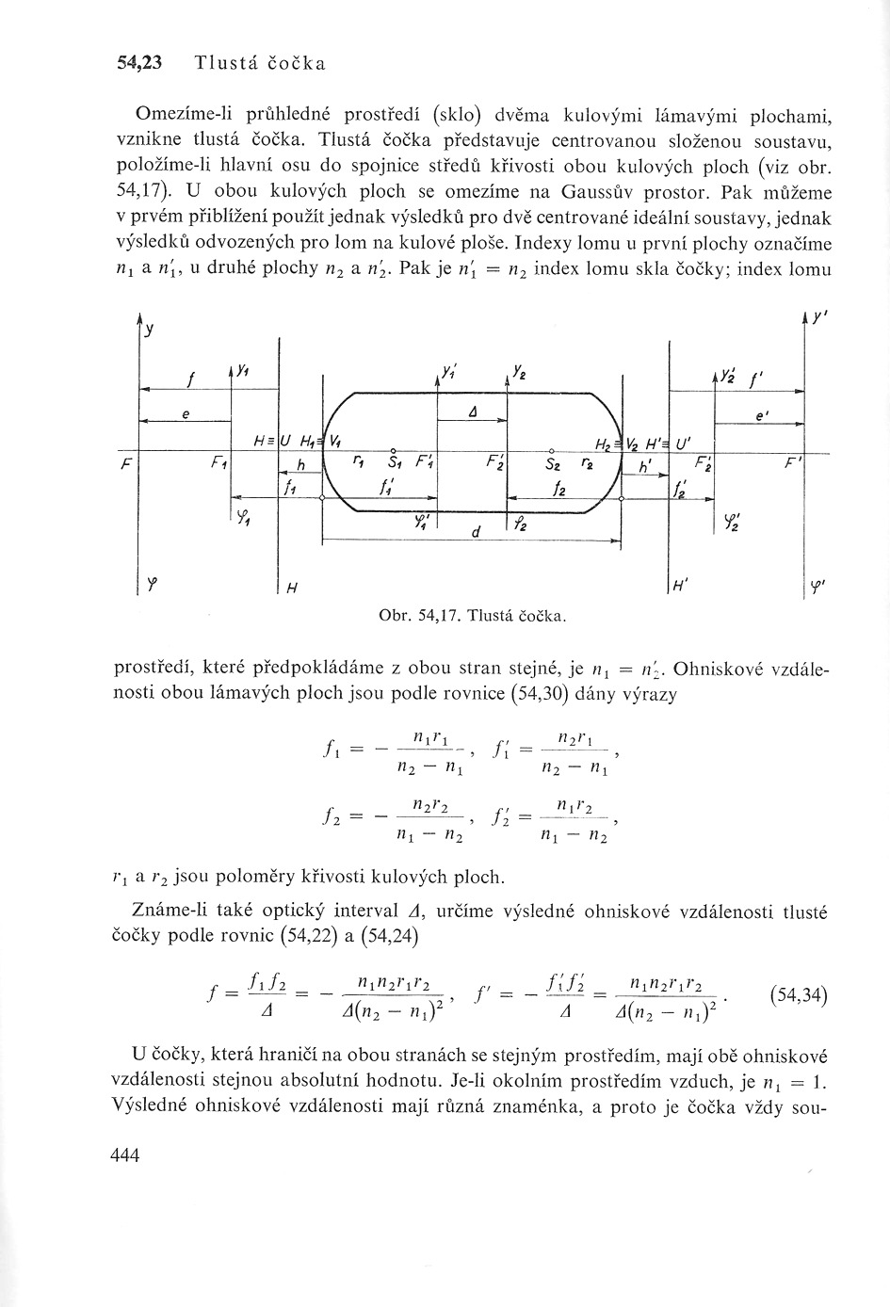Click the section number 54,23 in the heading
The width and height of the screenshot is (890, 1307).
139,64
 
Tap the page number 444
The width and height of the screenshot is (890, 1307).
124,1154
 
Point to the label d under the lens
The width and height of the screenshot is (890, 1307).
477,532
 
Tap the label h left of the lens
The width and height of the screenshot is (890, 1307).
301,465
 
